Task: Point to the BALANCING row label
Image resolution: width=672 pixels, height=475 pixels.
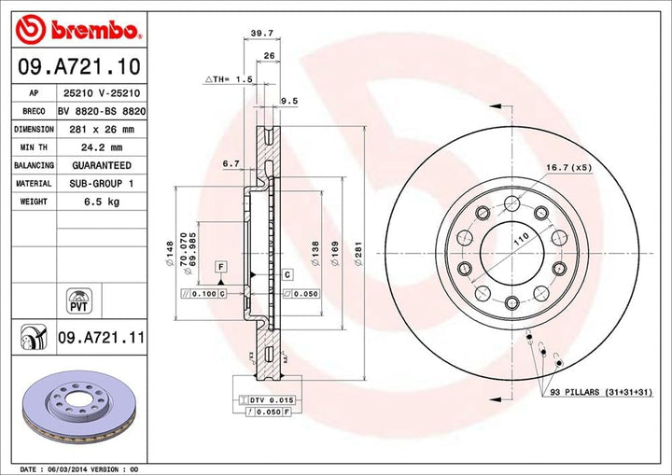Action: click(33, 166)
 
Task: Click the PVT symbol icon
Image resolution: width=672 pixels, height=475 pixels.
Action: click(77, 300)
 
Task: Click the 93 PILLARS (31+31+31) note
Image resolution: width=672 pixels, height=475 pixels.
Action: click(601, 394)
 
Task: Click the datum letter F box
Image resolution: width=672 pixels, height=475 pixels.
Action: click(220, 267)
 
